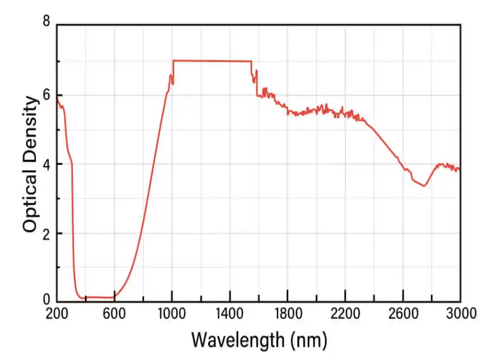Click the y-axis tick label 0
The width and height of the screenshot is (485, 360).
(46, 301)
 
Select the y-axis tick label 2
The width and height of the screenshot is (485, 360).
(46, 233)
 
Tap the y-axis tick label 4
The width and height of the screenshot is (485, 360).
(46, 164)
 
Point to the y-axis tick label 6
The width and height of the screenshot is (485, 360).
(46, 95)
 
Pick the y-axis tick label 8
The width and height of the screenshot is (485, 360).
(46, 23)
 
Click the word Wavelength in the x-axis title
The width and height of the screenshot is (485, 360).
(237, 340)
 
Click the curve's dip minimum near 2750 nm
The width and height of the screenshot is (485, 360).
(423, 186)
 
